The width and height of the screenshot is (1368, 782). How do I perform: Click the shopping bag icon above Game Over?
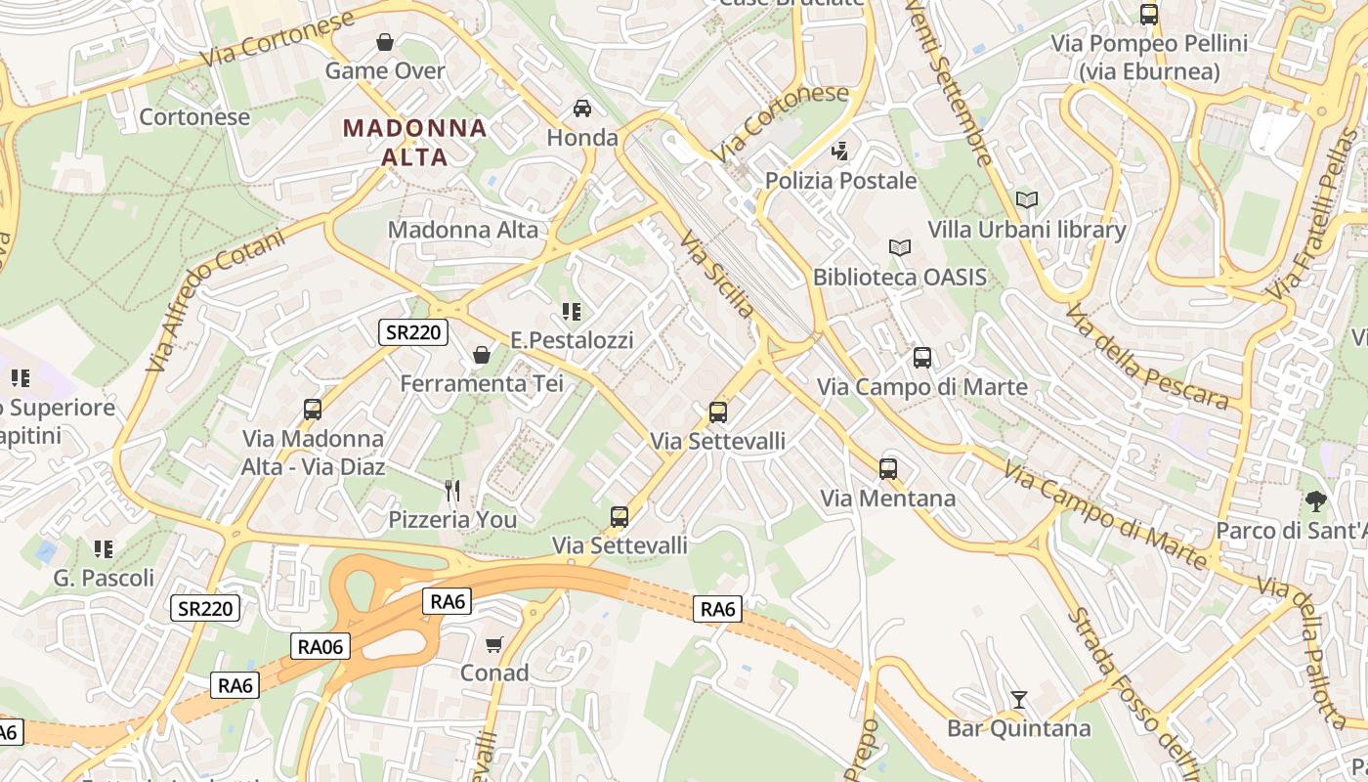(385, 42)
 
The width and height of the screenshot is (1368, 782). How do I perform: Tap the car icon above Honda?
(582, 108)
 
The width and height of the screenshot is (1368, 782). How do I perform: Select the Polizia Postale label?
(840, 181)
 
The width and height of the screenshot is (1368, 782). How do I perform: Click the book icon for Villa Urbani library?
(1026, 200)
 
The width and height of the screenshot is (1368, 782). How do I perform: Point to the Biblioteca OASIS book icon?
(900, 248)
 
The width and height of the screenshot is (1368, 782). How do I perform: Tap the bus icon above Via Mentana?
(887, 469)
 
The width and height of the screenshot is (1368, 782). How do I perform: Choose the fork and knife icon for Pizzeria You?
(451, 490)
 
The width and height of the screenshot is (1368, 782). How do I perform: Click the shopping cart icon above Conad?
(494, 644)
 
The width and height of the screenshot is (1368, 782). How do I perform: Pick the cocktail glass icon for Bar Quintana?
(1018, 700)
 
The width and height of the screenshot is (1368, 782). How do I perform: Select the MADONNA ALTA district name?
(415, 142)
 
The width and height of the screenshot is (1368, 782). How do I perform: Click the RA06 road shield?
(320, 646)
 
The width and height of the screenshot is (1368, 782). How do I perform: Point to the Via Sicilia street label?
(718, 275)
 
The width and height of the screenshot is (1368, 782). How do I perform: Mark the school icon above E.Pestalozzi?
(572, 312)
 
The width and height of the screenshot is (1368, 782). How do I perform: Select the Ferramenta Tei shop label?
(482, 383)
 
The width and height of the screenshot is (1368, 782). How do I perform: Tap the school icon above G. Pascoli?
(104, 549)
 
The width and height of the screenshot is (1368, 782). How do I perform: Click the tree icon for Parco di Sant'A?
(1316, 501)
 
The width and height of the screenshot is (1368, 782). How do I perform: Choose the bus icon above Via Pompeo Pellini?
(1149, 15)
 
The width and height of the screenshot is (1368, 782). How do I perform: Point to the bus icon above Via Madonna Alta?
(313, 410)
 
